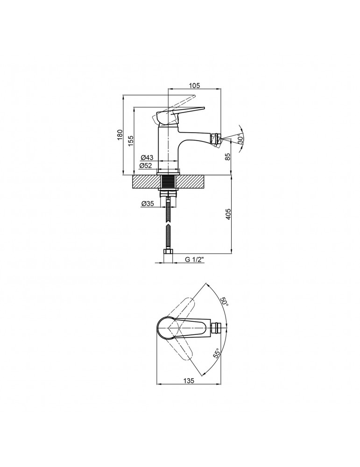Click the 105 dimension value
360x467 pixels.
pyautogui.click(x=194, y=85)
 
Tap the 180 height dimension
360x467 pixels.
pyautogui.click(x=120, y=135)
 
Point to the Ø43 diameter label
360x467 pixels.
pyautogui.click(x=147, y=157)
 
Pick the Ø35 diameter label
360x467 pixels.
pyautogui.click(x=148, y=204)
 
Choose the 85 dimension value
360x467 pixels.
pyautogui.click(x=228, y=156)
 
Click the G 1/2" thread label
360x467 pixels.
pyautogui.click(x=194, y=259)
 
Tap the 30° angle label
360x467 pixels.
pyautogui.click(x=240, y=139)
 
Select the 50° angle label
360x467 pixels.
pyautogui.click(x=224, y=302)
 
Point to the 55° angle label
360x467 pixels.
pyautogui.click(x=217, y=353)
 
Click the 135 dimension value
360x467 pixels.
pyautogui.click(x=189, y=381)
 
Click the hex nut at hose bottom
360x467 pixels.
pyautogui.click(x=168, y=252)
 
